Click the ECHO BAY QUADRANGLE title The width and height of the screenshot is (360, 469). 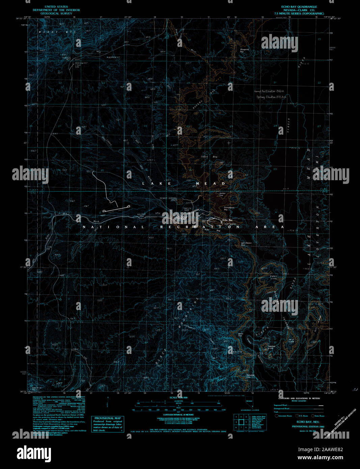click(299, 7)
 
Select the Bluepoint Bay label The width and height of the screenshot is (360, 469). click(244, 51)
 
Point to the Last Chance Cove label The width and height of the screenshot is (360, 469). click(246, 244)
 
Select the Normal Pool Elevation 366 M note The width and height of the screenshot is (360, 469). click(269, 91)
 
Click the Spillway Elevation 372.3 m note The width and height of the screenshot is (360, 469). click(271, 97)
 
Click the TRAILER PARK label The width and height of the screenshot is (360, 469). click(187, 210)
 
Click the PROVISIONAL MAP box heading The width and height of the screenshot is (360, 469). click(107, 418)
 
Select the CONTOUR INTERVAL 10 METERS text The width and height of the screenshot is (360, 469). click(178, 415)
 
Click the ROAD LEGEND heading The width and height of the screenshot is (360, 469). click(299, 401)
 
